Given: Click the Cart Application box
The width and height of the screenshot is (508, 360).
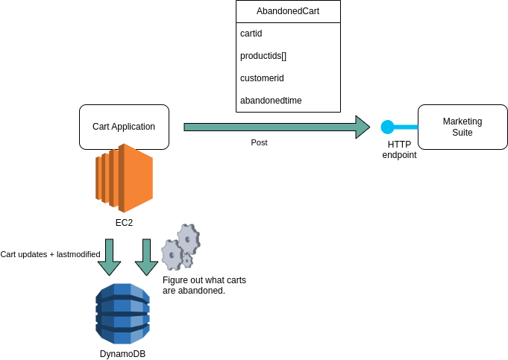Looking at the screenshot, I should tap(124, 127).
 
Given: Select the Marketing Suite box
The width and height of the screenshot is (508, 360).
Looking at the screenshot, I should tap(462, 127).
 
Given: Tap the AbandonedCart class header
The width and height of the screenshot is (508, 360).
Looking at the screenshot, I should tap(288, 13).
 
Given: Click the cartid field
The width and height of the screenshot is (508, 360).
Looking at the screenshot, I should tap(251, 34).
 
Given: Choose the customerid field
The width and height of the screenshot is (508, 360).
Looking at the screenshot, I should tap(262, 78).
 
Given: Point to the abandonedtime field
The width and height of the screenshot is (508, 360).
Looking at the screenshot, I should tap(271, 100).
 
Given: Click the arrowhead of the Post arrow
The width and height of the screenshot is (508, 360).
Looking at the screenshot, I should tap(363, 127).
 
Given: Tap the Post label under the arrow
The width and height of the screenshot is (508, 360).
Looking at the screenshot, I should tap(259, 142).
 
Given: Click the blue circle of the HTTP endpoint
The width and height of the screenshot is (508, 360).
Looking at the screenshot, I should tap(387, 127).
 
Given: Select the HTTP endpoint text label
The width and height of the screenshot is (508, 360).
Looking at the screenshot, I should tap(399, 149).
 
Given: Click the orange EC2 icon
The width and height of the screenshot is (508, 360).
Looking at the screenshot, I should tap(124, 178).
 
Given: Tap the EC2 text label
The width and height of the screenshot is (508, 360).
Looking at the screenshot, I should tap(124, 222).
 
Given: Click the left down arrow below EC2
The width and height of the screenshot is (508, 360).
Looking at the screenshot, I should tap(110, 256).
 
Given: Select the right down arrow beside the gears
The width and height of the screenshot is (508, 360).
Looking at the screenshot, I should tap(146, 256).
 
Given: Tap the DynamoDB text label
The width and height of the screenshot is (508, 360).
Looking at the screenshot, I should tap(122, 353).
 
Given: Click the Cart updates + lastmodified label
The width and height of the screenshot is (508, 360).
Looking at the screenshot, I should tap(50, 254).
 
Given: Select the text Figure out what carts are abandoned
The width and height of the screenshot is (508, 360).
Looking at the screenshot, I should tap(204, 285).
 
